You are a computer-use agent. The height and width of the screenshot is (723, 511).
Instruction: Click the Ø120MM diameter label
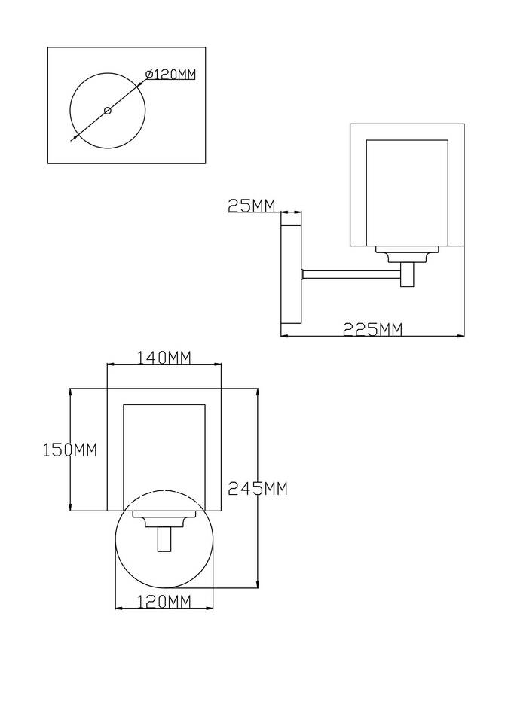pos(170,75)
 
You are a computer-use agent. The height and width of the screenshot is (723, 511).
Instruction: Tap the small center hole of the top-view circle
pos(108,110)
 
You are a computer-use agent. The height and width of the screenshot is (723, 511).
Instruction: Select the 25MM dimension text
pos(252,205)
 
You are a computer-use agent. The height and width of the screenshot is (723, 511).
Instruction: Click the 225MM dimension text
pos(372,329)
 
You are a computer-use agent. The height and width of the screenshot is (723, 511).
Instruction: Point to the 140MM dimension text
pos(164,357)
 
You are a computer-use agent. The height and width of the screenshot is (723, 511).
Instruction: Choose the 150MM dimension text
pos(70,450)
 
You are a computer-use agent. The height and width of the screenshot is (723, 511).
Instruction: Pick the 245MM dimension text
pos(258,488)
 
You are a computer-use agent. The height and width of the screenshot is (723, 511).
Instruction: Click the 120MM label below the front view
pos(164,601)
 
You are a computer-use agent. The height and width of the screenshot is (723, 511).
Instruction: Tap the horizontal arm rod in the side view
pos(351,274)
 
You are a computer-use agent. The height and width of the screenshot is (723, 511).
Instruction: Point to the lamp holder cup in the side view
pos(407,255)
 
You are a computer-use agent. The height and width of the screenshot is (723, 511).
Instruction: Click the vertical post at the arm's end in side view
pos(408,275)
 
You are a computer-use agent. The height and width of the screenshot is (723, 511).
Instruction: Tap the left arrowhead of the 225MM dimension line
pos(284,336)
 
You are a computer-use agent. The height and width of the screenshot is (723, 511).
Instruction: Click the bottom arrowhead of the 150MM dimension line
pos(71,507)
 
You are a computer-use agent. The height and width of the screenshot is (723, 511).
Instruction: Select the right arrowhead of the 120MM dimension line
pos(210,609)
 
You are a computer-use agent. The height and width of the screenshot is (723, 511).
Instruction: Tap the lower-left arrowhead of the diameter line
pos(73,137)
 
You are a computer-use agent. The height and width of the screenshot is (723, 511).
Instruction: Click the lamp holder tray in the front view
pos(164,519)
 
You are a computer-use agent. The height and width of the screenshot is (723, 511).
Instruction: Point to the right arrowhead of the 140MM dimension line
pos(217,365)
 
